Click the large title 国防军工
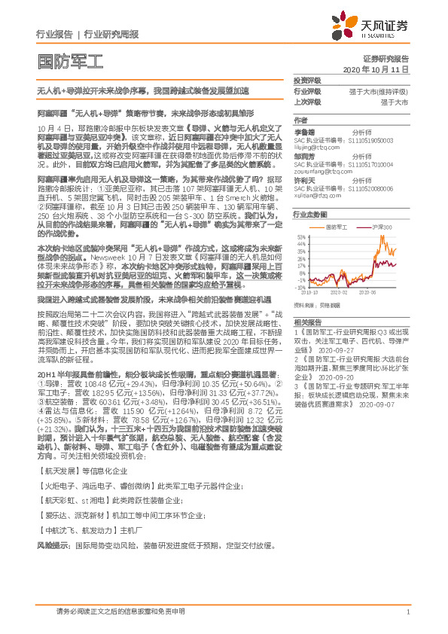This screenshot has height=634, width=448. tap(69, 60)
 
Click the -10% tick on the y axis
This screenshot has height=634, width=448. tap(300, 287)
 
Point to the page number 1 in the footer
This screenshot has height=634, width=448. tap(407, 611)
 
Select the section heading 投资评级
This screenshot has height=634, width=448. tap(306, 80)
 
